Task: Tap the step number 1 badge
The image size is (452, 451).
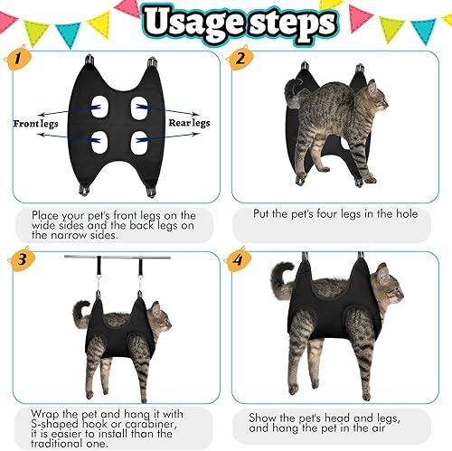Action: click(x=15, y=61)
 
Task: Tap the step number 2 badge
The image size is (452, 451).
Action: click(x=241, y=61)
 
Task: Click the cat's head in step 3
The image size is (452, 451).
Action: click(x=159, y=317)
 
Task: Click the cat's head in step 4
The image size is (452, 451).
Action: click(x=386, y=280)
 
